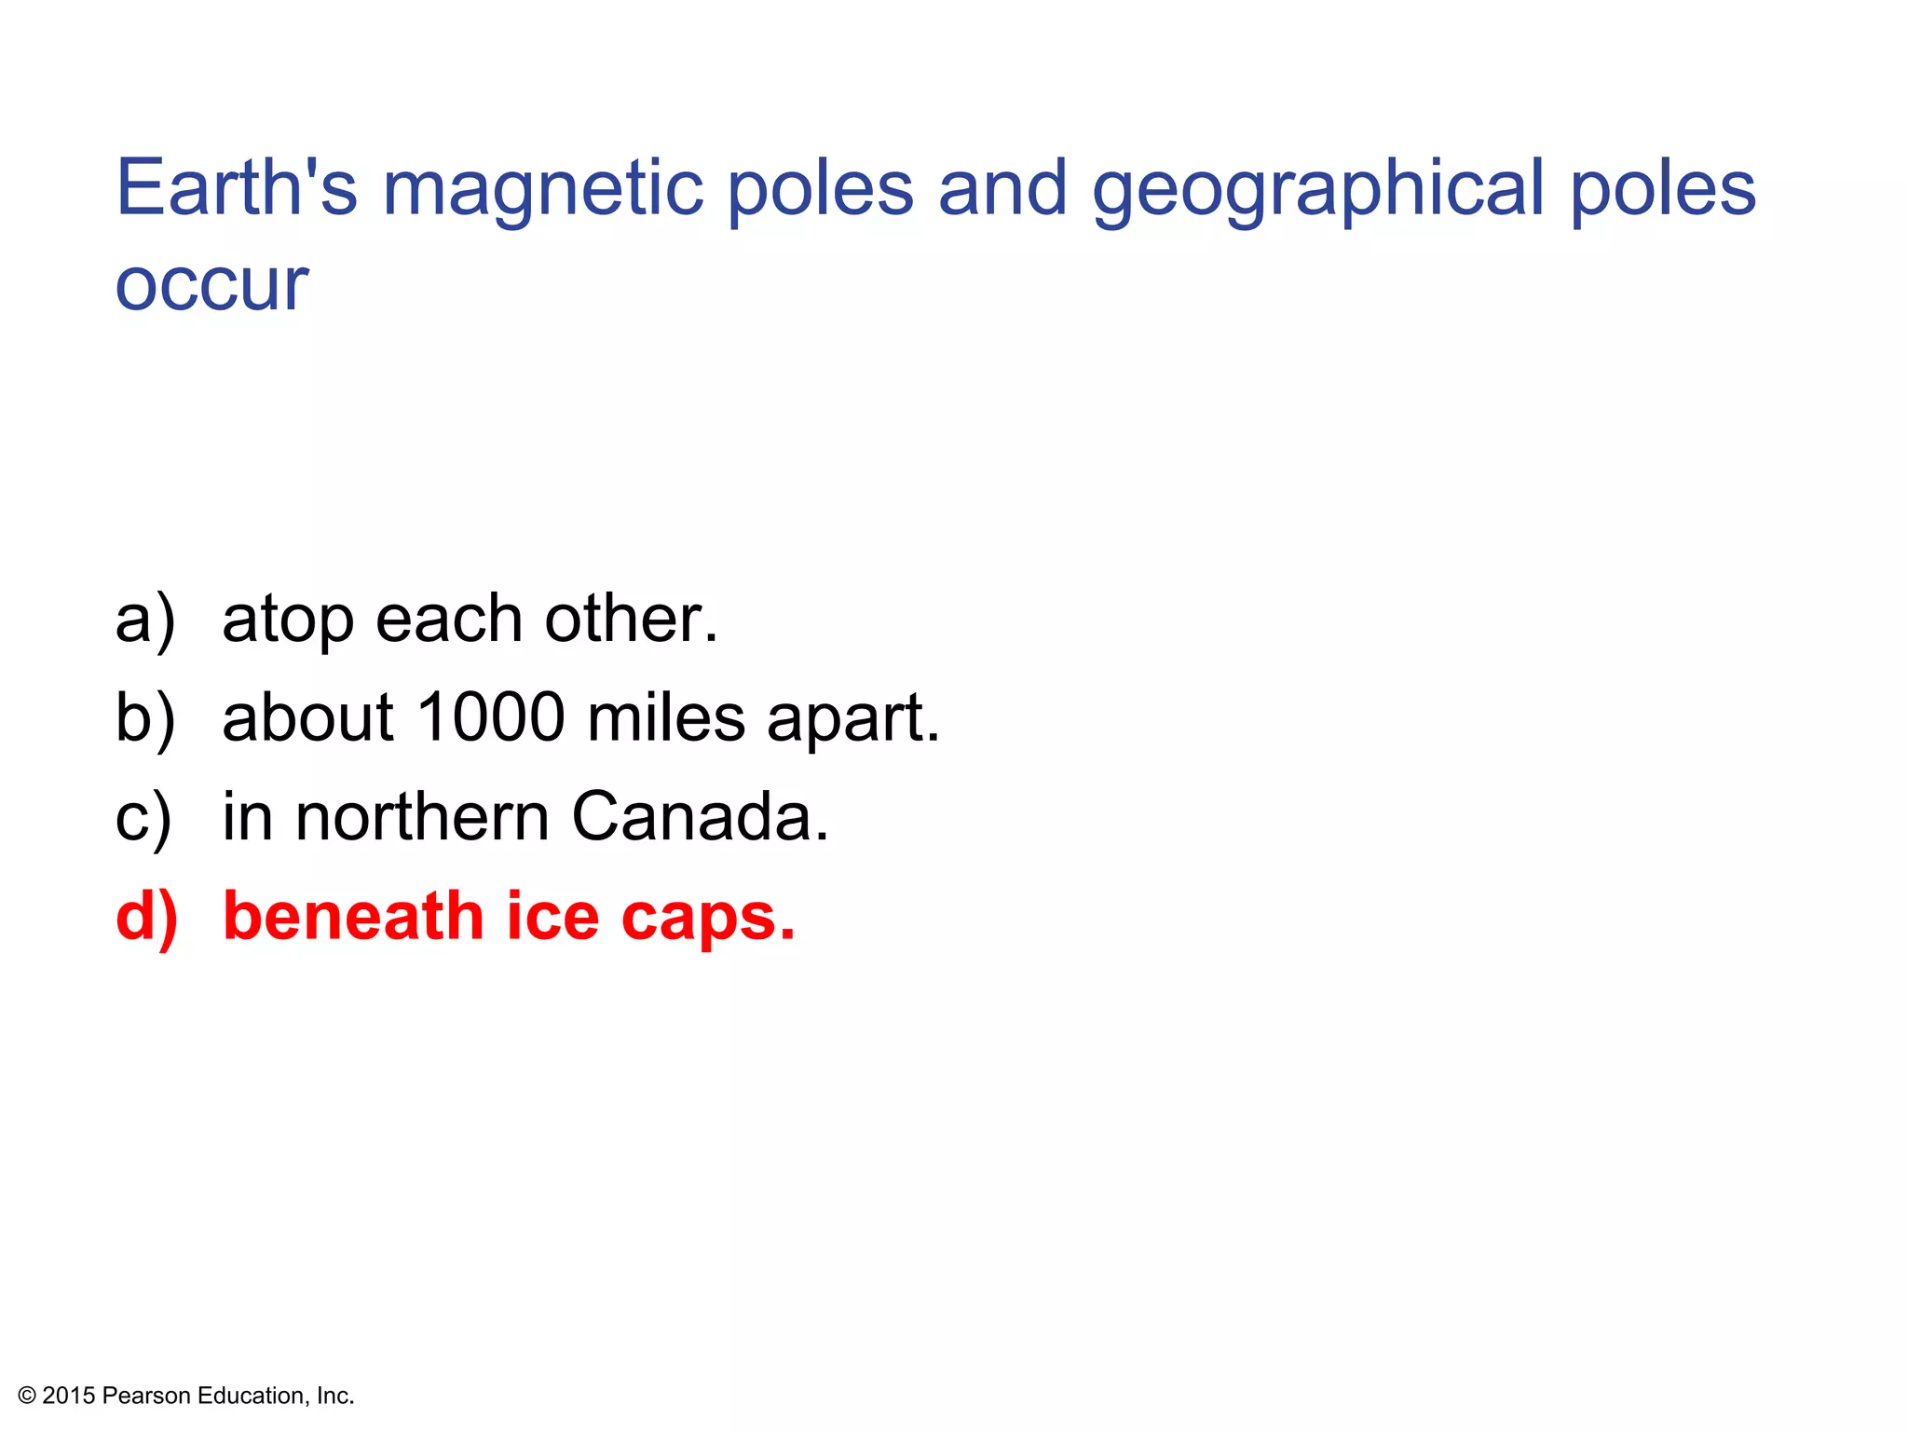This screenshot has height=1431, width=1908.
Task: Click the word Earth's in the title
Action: pyautogui.click(x=237, y=187)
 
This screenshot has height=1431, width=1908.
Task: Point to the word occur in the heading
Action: pyautogui.click(x=211, y=284)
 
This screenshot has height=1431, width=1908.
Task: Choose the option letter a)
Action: pyautogui.click(x=145, y=620)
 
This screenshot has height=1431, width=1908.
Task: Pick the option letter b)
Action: pyautogui.click(x=145, y=718)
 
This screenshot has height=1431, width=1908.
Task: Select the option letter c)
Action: pyautogui.click(x=143, y=818)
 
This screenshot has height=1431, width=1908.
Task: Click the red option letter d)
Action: pyautogui.click(x=146, y=917)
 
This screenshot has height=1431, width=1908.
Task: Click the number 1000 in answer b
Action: pyautogui.click(x=490, y=717)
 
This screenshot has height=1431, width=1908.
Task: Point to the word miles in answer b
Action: pyautogui.click(x=666, y=717)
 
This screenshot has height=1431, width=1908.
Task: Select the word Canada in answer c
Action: pyautogui.click(x=700, y=817)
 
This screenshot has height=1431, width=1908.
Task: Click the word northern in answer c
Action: pyautogui.click(x=422, y=817)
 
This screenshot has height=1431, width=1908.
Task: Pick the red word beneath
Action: pyautogui.click(x=353, y=916)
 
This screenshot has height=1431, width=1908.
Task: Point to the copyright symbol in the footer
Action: pyautogui.click(x=27, y=1396)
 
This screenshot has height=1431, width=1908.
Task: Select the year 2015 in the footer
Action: pyautogui.click(x=69, y=1396)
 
